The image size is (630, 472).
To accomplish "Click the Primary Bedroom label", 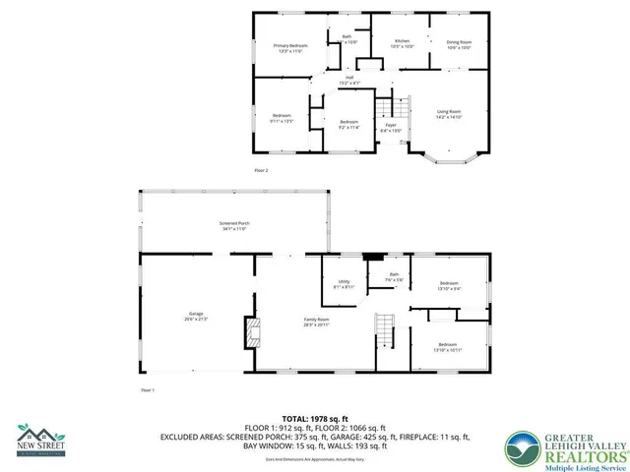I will coord(290,48).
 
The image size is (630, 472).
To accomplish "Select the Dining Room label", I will coord(459,44).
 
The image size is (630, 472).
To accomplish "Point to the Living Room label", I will coord(449,114).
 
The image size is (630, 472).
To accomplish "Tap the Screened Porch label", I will coord(234,226).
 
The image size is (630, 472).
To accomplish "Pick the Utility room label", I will coord(344,284).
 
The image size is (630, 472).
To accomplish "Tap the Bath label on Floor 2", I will coord(346,39).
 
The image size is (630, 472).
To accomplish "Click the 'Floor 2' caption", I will coord(261,170).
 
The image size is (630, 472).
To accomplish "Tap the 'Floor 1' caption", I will coord(148,390).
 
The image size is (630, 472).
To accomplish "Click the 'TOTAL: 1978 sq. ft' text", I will coord(315,418).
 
